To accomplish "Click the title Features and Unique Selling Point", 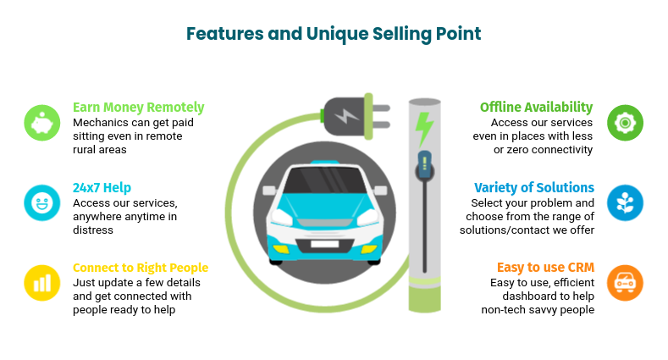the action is [x=334, y=34].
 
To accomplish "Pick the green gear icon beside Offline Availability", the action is [x=625, y=123].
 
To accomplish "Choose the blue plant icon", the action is [x=625, y=202].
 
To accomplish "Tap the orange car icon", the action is [x=625, y=282].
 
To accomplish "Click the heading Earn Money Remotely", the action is [x=138, y=108].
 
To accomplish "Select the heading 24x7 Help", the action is [x=102, y=187].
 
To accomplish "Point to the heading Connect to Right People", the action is [x=140, y=268].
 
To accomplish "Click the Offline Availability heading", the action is [x=536, y=108].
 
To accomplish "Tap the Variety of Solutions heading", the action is [x=533, y=187].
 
